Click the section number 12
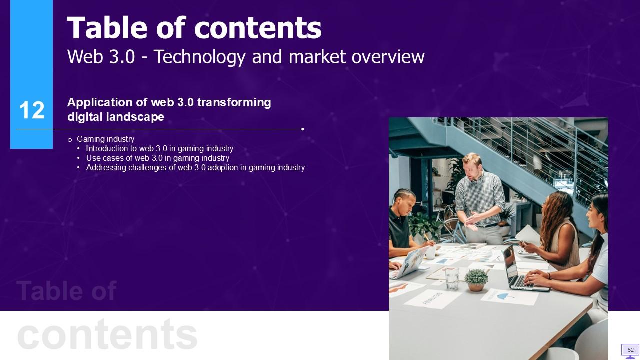pyautogui.click(x=32, y=110)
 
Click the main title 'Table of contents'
pyautogui.click(x=194, y=28)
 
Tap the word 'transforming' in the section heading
pyautogui.click(x=234, y=102)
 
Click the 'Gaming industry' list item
pyautogui.click(x=105, y=139)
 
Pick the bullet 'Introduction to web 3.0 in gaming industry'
pyautogui.click(x=159, y=149)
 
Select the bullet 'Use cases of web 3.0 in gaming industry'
pyautogui.click(x=157, y=158)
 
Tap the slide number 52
pyautogui.click(x=631, y=350)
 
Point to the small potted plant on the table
pyautogui.click(x=476, y=279)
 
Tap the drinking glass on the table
pyautogui.click(x=452, y=278)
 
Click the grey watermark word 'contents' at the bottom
pyautogui.click(x=107, y=334)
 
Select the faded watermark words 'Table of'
pyautogui.click(x=66, y=291)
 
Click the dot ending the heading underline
pyautogui.click(x=303, y=129)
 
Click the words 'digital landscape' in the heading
pyautogui.click(x=115, y=117)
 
